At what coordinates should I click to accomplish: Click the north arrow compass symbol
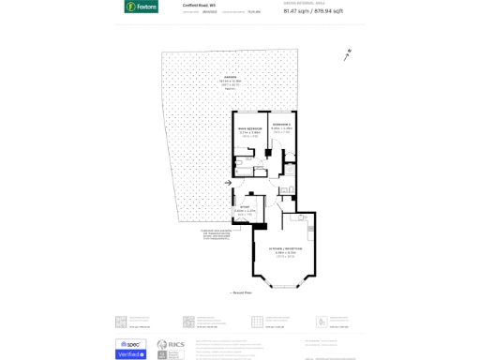click(x=348, y=55)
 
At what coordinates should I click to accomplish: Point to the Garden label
click(x=230, y=77)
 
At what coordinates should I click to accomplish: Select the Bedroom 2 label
click(x=281, y=125)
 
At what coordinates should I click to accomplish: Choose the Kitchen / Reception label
click(x=285, y=248)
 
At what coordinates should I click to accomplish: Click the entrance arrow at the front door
click(x=228, y=183)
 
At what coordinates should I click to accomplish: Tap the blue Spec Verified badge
click(x=130, y=349)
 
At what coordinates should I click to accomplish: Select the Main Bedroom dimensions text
click(x=248, y=133)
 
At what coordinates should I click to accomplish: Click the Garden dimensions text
click(x=230, y=82)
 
